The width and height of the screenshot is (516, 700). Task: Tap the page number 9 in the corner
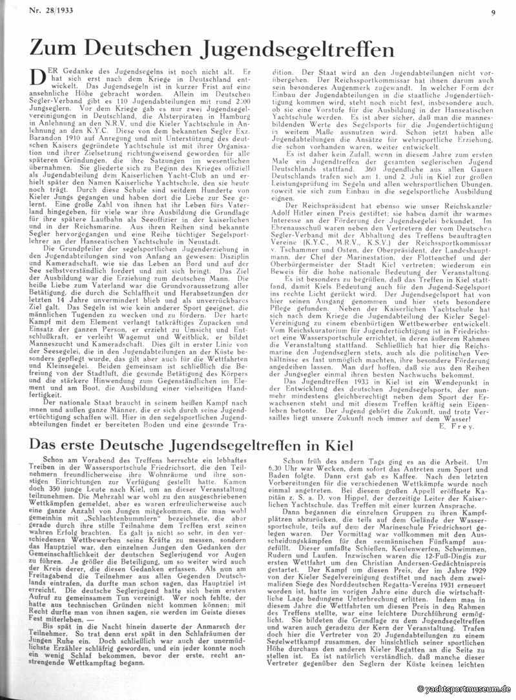click(x=493, y=11)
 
